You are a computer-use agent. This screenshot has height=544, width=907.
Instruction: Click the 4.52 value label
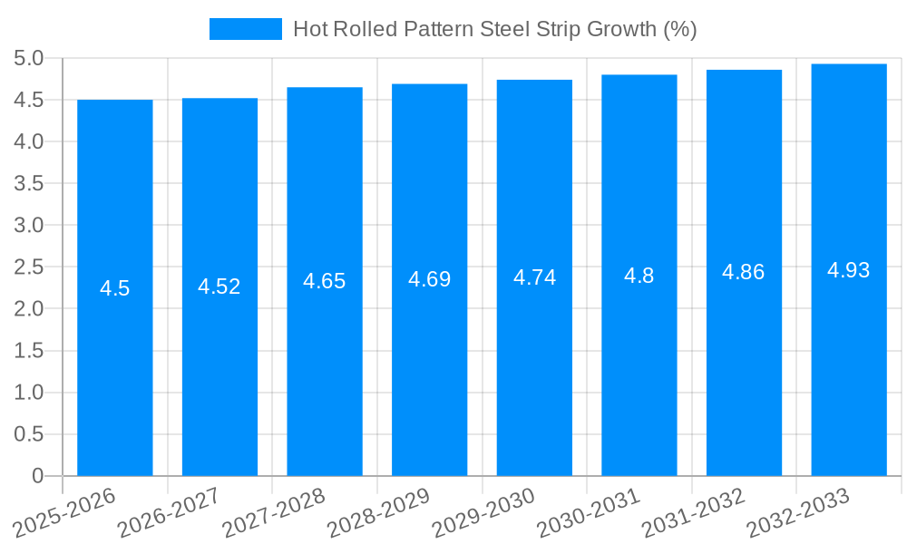click(219, 287)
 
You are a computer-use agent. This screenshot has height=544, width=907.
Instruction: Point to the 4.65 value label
click(325, 281)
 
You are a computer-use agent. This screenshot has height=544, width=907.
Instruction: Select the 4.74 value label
click(534, 277)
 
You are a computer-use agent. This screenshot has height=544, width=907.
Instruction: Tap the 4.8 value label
click(639, 276)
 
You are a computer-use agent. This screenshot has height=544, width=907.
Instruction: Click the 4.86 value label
click(744, 272)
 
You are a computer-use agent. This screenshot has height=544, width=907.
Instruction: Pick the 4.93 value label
click(849, 269)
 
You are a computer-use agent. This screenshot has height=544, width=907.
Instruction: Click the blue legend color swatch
click(246, 29)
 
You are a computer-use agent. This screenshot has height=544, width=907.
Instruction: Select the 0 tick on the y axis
click(37, 476)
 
